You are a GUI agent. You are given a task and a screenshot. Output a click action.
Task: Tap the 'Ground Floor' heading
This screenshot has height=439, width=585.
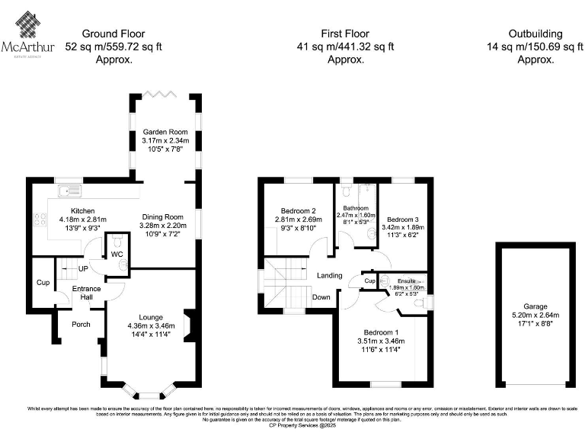coord(113,34)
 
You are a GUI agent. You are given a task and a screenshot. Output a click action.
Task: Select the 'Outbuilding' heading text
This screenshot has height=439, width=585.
coord(535,34)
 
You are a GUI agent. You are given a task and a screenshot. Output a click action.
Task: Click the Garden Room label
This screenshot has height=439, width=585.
coord(165,132)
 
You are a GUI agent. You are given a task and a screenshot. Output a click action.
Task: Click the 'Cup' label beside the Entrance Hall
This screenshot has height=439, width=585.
coord(41,282)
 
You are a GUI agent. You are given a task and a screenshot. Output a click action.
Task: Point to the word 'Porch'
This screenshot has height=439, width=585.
coord(81,324)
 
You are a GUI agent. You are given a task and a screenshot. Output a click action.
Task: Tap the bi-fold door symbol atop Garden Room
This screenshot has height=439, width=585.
coord(165,93)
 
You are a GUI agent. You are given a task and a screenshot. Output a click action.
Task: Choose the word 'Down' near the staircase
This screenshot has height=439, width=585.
coord(321,297)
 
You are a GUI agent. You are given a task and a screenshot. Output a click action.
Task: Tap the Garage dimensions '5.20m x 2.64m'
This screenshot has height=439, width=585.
coord(535,314)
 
